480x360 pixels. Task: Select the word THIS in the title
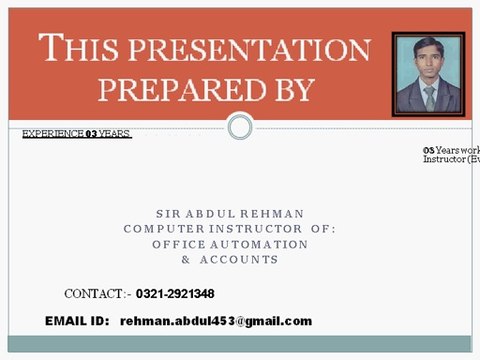(78, 48)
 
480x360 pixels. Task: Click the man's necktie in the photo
(429, 97)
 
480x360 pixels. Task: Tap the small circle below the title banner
(240, 127)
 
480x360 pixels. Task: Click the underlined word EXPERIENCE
(53, 134)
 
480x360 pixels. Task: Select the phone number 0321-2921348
(175, 294)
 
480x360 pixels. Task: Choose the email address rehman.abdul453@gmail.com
(216, 321)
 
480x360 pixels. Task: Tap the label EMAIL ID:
(76, 321)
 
